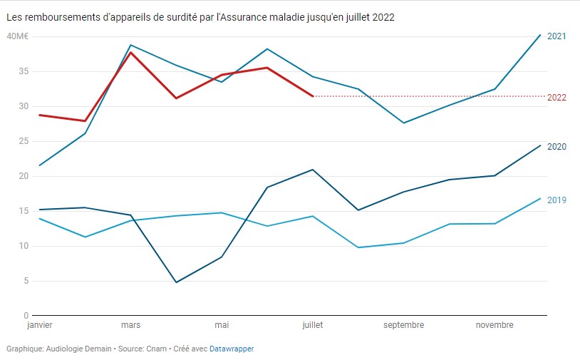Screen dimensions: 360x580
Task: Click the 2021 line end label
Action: click(x=556, y=36)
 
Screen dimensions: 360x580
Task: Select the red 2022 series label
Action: click(x=556, y=98)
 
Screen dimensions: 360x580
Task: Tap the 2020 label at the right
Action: click(x=556, y=147)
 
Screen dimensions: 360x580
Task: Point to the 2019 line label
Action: click(x=556, y=200)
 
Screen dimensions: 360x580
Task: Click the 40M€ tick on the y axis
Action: click(x=16, y=36)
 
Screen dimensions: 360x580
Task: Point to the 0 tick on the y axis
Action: click(x=25, y=316)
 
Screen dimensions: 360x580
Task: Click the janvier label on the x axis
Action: click(x=39, y=325)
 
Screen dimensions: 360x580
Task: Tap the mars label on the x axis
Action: click(x=130, y=325)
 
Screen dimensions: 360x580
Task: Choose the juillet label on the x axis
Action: click(x=312, y=325)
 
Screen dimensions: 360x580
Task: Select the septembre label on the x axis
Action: click(x=403, y=325)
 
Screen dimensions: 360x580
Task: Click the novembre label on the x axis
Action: click(x=494, y=325)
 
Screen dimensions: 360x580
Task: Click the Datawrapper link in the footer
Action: click(x=232, y=349)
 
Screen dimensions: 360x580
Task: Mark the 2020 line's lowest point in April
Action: click(x=176, y=282)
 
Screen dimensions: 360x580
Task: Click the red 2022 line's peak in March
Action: click(x=130, y=52)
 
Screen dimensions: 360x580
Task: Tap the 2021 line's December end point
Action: click(x=541, y=34)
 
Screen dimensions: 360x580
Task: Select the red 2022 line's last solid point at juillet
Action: click(x=313, y=96)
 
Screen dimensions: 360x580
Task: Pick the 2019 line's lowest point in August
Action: click(x=358, y=247)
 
